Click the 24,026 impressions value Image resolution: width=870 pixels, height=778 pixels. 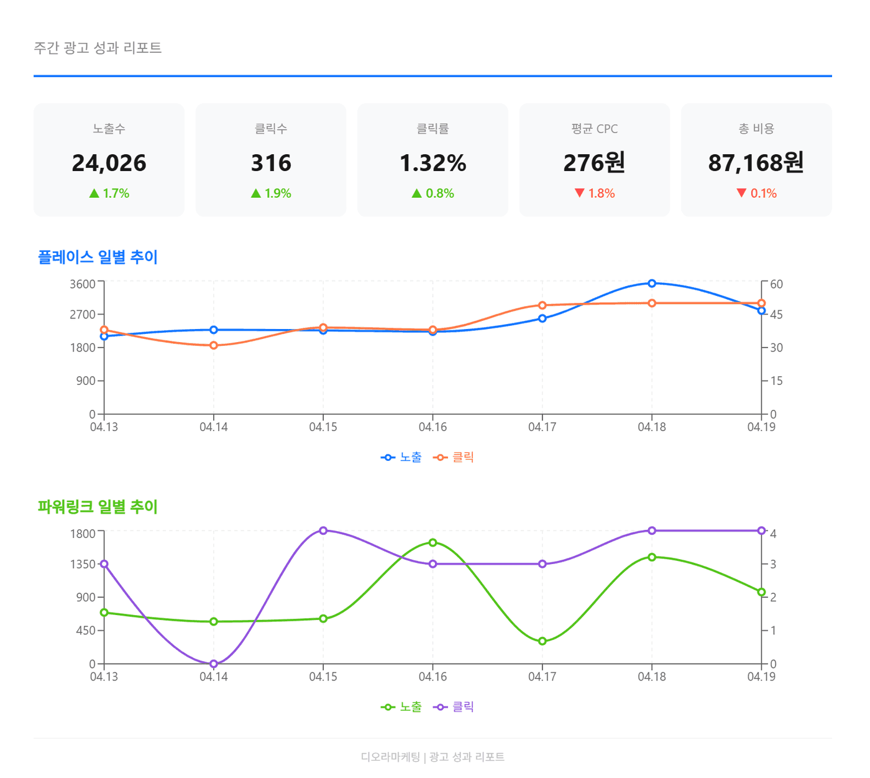point(109,163)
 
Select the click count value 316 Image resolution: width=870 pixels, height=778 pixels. point(271,163)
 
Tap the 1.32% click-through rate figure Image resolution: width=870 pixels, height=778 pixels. point(433,163)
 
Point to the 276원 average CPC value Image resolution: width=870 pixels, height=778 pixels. point(594,163)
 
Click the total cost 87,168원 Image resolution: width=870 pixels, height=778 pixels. point(756,163)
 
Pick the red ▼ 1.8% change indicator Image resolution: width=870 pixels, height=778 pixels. point(594,193)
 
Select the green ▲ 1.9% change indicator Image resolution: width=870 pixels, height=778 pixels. point(271,193)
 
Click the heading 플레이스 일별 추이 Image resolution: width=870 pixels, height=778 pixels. point(98,257)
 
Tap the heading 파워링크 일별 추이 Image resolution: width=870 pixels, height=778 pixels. point(98,507)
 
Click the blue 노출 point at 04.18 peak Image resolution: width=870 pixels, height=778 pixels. point(652,284)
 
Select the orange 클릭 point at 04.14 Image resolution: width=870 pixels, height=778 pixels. point(214,345)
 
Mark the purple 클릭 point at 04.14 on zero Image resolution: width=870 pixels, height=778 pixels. point(214,664)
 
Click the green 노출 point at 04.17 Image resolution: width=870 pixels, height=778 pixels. point(543,641)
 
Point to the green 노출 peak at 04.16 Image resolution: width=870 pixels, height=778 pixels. point(433,542)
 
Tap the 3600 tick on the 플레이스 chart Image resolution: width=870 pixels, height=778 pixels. point(83,284)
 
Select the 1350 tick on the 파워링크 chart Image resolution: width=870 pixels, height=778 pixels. point(83,565)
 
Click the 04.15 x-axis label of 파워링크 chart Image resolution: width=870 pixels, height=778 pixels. point(323,677)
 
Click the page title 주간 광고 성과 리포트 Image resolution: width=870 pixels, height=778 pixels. point(98,48)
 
